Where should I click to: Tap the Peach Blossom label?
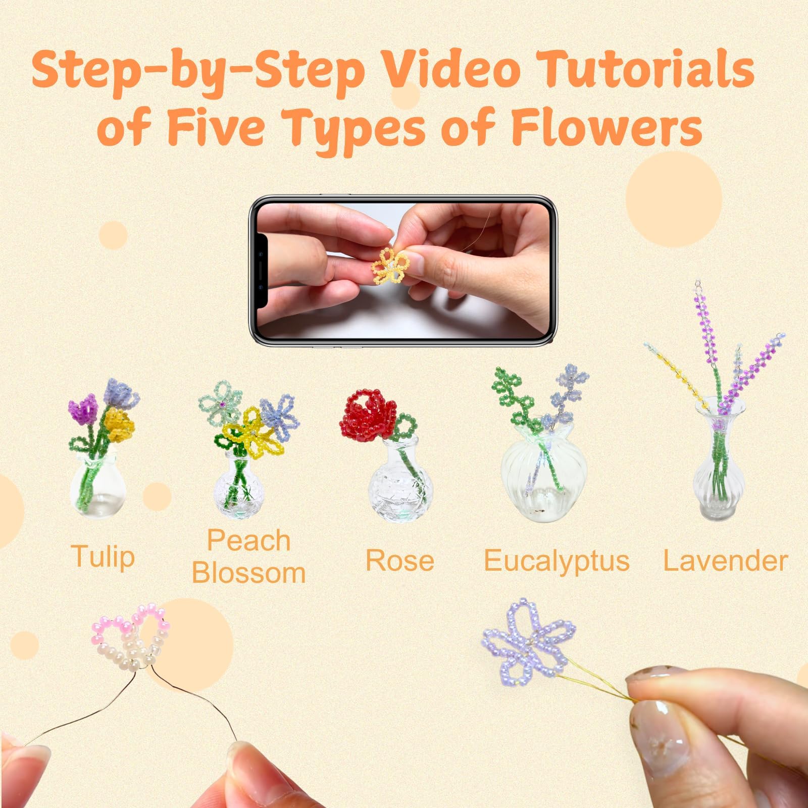click(x=249, y=557)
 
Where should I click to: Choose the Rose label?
click(x=399, y=561)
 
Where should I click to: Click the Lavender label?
click(x=725, y=561)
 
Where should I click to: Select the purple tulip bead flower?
click(x=82, y=407)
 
